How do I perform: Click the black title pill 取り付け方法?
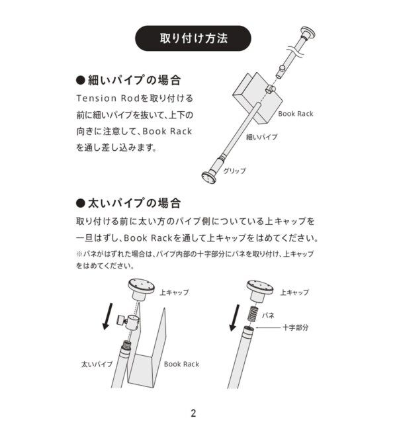point(194,38)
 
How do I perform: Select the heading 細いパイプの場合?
point(129,81)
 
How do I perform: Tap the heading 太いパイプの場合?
point(129,202)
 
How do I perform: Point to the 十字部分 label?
point(295,327)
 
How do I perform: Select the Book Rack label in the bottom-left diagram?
point(181,364)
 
